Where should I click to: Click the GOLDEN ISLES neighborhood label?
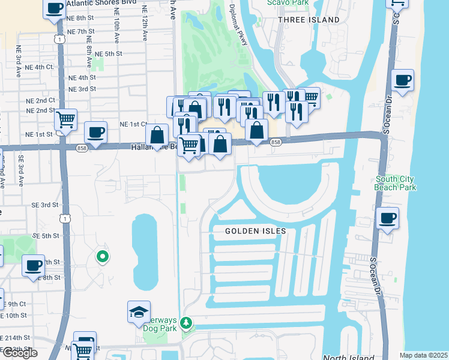[x=255, y=231]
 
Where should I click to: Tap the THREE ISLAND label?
[x=309, y=20]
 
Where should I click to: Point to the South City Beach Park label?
[x=396, y=183]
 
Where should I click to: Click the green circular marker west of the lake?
[x=102, y=257]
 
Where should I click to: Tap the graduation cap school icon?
[x=139, y=312]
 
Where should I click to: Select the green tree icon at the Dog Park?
[x=187, y=323]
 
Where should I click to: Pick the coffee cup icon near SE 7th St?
[x=34, y=265]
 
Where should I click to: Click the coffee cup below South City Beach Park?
[x=388, y=218]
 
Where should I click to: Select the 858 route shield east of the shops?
[x=276, y=142]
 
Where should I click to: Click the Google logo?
[x=19, y=353]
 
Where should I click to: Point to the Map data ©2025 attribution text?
[x=423, y=355]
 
